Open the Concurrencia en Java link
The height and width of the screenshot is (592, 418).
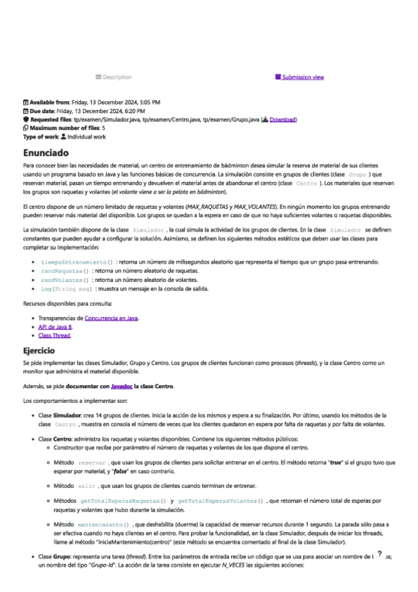(112, 318)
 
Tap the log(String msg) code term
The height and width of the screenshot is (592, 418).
(67, 288)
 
